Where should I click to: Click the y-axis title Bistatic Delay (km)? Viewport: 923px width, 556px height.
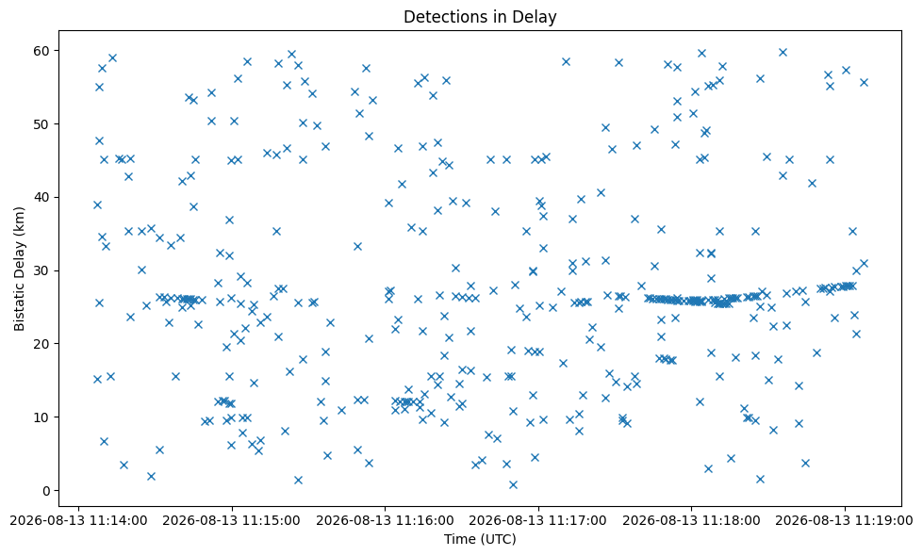pos(20,269)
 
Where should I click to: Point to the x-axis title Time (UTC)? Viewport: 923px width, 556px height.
pos(480,539)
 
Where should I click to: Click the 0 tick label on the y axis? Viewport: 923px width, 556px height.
pos(47,491)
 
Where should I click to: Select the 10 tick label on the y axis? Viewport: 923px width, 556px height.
pos(43,417)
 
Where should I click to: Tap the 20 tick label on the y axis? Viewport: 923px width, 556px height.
pos(43,344)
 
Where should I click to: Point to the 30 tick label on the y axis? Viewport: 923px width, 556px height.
pos(43,270)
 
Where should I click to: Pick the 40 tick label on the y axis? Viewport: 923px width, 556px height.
pos(43,197)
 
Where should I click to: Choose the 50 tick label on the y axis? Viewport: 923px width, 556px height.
pos(43,124)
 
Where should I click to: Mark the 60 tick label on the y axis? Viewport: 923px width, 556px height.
pos(43,51)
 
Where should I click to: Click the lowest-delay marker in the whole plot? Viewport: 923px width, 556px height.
pos(513,484)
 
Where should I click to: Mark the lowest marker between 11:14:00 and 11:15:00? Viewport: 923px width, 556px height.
pos(151,476)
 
